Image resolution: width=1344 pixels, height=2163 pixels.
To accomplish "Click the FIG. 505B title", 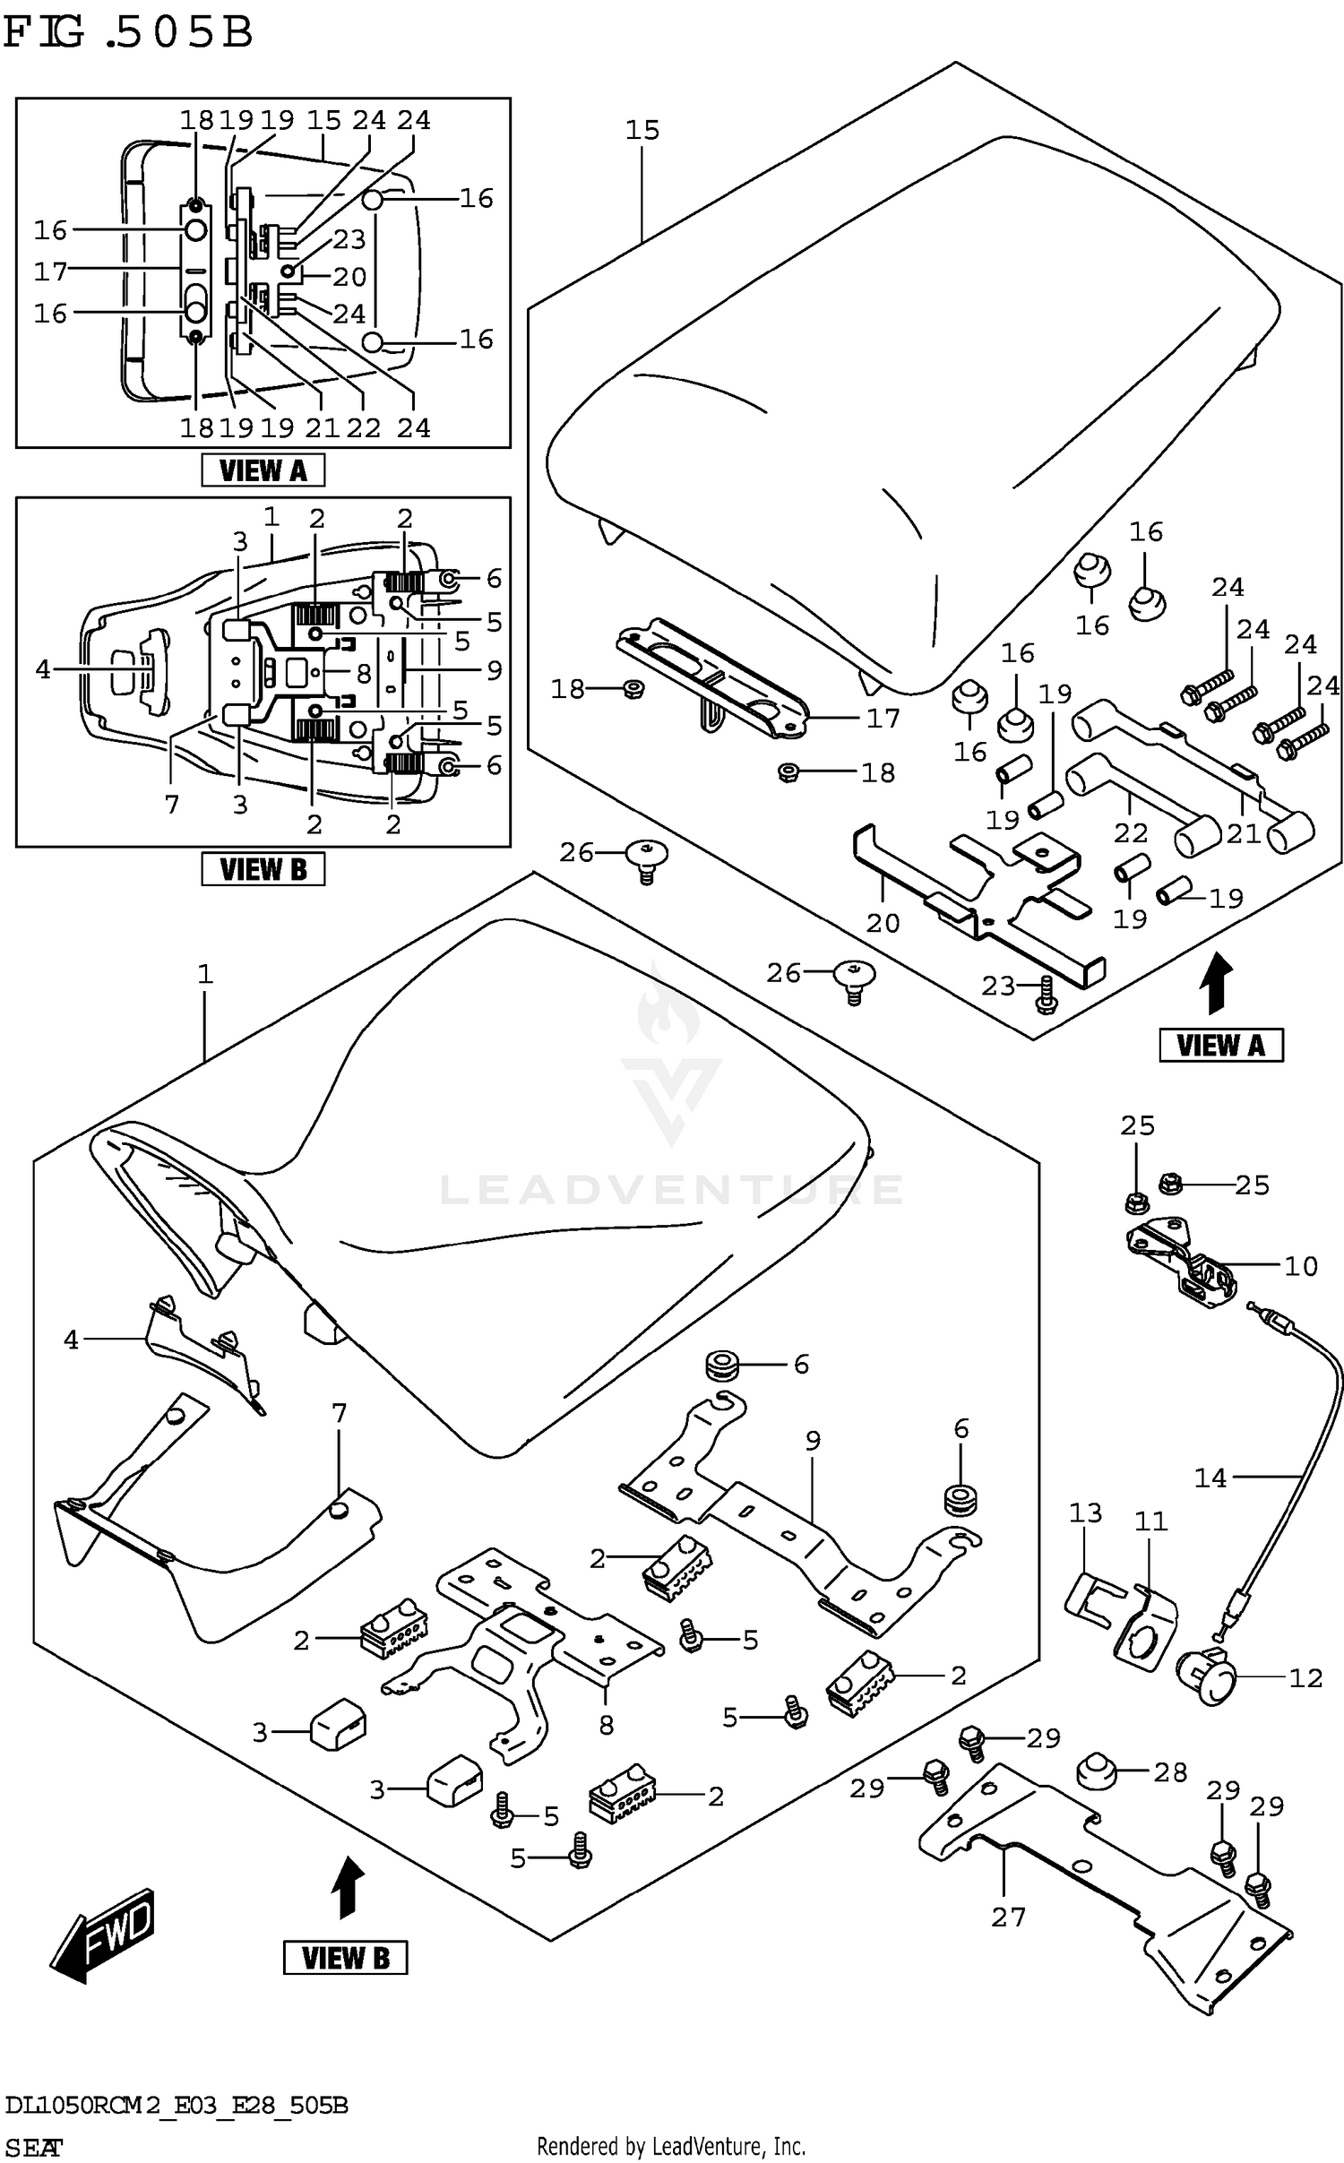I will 128,33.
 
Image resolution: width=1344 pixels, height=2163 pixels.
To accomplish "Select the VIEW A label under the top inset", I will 263,470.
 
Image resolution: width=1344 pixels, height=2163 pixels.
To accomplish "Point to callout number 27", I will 1008,1917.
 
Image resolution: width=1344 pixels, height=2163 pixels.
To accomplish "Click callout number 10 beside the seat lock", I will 1301,1266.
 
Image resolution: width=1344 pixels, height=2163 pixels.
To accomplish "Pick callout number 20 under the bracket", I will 883,922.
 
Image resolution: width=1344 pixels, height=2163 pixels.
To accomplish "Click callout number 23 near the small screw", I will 998,986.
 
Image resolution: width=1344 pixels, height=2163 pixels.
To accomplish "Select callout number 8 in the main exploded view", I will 607,1725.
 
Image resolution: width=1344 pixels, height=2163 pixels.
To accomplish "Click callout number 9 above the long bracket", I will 813,1441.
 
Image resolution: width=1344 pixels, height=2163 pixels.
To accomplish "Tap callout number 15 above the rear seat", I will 642,131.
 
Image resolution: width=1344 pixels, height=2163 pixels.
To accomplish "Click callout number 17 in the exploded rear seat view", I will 883,718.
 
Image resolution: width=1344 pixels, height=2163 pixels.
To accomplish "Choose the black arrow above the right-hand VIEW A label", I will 1219,983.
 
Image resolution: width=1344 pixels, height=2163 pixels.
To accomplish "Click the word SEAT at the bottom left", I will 33,2147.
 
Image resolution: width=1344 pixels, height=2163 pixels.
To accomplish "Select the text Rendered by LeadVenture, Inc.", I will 670,2146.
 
